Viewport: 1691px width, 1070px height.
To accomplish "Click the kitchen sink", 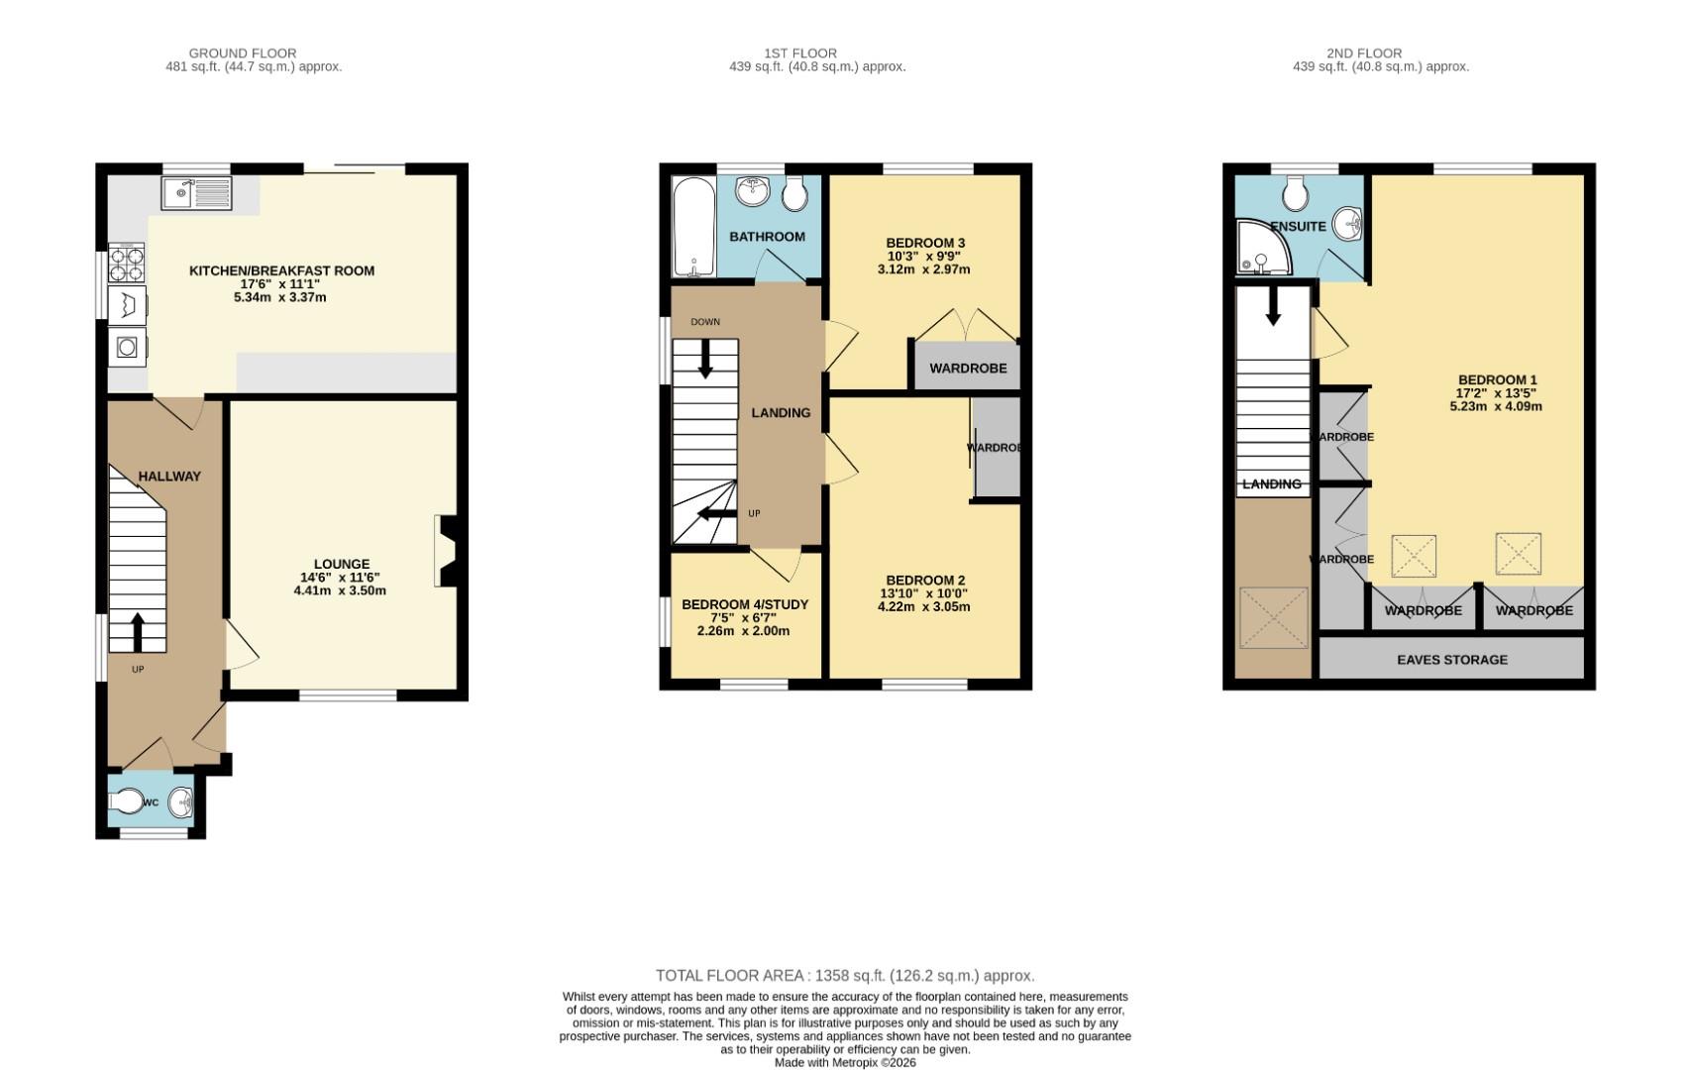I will pyautogui.click(x=196, y=193).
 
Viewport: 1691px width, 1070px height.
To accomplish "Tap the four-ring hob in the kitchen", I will pyautogui.click(x=127, y=265).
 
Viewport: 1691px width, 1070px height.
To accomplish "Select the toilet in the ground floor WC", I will pyautogui.click(x=130, y=802).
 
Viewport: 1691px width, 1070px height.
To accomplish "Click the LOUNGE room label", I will pyautogui.click(x=342, y=565).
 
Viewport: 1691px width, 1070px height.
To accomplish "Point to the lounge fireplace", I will pyautogui.click(x=445, y=551).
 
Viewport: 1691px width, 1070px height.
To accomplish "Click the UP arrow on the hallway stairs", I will pyautogui.click(x=137, y=631).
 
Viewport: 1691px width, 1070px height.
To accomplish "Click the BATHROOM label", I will pyautogui.click(x=767, y=237).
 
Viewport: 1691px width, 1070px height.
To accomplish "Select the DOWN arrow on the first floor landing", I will pyautogui.click(x=705, y=359).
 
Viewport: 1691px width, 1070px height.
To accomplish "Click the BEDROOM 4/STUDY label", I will pyautogui.click(x=745, y=604).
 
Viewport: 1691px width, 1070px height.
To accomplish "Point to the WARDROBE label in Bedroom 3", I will pyautogui.click(x=968, y=369).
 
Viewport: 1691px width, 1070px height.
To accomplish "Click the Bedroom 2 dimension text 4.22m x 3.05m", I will pyautogui.click(x=923, y=607).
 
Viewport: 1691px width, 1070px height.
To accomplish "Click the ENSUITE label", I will pyautogui.click(x=1298, y=227).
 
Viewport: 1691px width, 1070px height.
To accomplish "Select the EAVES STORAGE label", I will pyautogui.click(x=1452, y=660).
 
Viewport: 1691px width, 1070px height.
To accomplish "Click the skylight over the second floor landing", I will pyautogui.click(x=1274, y=618).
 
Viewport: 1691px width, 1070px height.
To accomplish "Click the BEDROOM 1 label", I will pyautogui.click(x=1497, y=380).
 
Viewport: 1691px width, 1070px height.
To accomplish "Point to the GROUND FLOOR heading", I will pyautogui.click(x=243, y=53).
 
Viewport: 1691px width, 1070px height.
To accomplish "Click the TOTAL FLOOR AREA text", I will pyautogui.click(x=845, y=976).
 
